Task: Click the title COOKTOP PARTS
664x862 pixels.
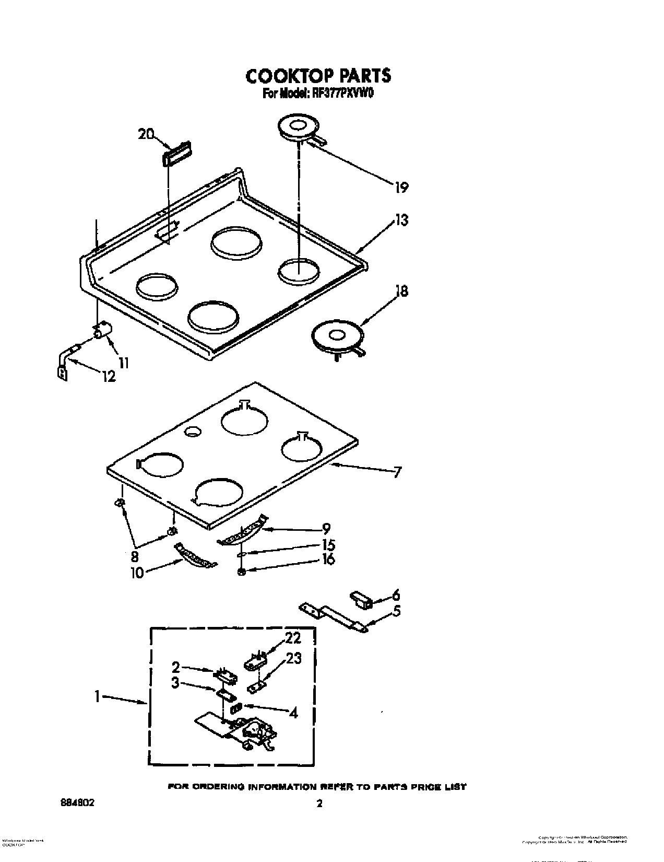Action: [x=318, y=76]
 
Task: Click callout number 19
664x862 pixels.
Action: [x=401, y=187]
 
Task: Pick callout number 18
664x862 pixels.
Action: [x=401, y=291]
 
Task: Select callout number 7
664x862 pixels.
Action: [x=397, y=472]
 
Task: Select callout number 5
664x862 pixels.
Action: [x=396, y=610]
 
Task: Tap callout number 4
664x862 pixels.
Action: [x=293, y=712]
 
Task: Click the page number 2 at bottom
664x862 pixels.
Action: [x=319, y=803]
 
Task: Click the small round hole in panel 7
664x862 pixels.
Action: [x=193, y=430]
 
